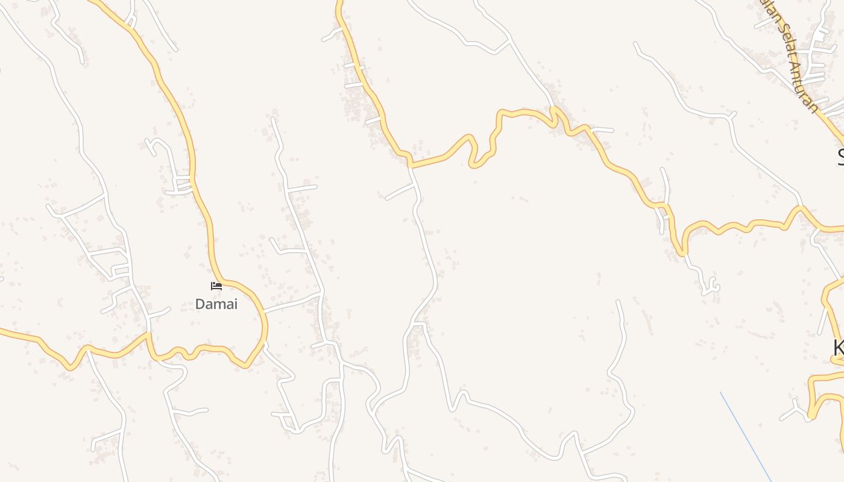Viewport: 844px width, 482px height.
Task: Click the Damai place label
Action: [x=216, y=304]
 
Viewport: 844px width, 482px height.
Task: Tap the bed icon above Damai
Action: [x=216, y=286]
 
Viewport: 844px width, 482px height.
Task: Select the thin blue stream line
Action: [x=745, y=436]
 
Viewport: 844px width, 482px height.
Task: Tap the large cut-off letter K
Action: [x=838, y=348]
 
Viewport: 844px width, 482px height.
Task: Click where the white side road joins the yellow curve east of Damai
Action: [x=264, y=311]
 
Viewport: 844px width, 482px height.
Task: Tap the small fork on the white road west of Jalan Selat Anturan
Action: [x=731, y=114]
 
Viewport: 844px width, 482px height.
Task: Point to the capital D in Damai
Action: [x=200, y=304]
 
